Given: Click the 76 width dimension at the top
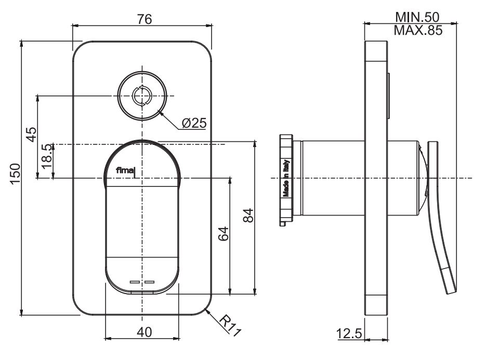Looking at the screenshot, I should [144, 19].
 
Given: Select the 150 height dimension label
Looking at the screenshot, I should [16, 174].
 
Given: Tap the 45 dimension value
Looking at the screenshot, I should [31, 134].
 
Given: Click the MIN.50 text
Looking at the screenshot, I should [417, 18].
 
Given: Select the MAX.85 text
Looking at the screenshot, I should [417, 30].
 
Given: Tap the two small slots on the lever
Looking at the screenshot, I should [142, 282].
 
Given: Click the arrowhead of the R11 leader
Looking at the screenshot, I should [207, 310].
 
